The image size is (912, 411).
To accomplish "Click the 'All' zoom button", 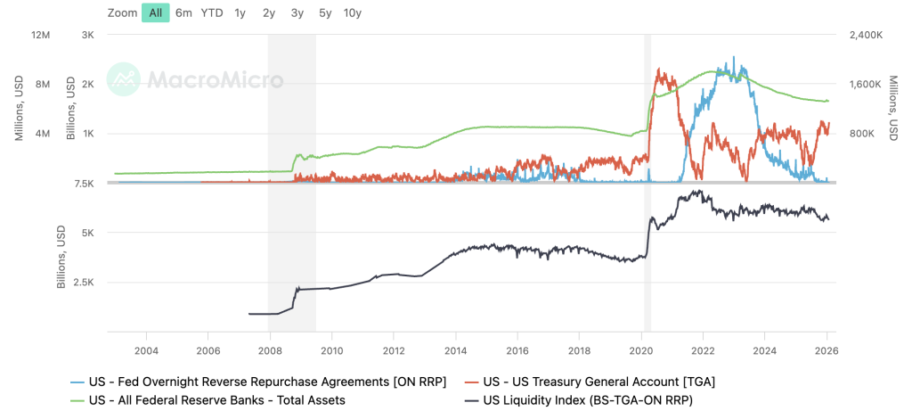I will [x=156, y=12].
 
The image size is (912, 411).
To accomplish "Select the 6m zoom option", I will [x=183, y=12].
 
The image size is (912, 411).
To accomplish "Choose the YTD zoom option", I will [x=212, y=12].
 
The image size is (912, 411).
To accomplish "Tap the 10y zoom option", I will [x=353, y=12].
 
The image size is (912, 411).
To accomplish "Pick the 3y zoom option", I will [x=297, y=12].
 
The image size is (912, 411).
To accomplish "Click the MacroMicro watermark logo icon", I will [x=124, y=79].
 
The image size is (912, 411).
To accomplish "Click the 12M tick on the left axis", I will [x=42, y=35].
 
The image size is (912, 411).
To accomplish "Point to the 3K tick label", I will [x=87, y=35].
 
